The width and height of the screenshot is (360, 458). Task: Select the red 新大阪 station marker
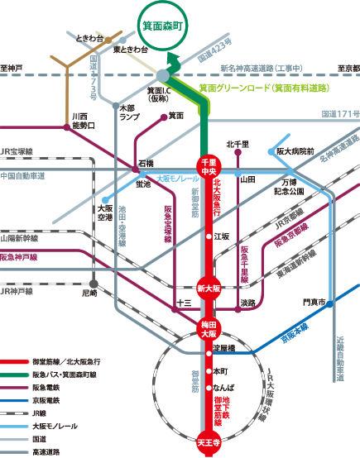207,288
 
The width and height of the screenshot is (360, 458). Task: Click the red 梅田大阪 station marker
207,330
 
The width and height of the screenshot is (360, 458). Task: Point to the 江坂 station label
222,236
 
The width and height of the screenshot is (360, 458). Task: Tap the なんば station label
224,388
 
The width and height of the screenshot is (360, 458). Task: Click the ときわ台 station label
89,39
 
